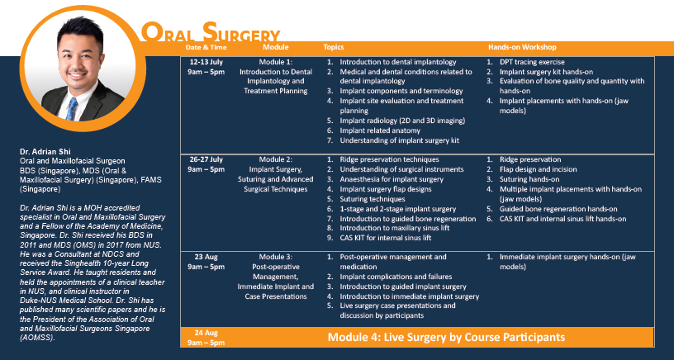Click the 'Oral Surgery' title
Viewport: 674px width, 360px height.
[211, 33]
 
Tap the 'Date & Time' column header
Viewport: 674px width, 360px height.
[206, 47]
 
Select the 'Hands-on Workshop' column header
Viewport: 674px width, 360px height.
[522, 47]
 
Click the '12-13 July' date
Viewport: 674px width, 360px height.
[206, 62]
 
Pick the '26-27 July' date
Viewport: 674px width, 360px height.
[206, 159]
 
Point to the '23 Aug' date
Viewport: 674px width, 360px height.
[206, 257]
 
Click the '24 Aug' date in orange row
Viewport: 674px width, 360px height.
[206, 333]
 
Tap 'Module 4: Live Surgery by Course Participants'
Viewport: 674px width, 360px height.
[446, 337]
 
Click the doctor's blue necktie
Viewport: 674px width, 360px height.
[72, 109]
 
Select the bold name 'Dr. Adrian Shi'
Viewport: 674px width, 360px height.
[45, 152]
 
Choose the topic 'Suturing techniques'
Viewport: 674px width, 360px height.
[373, 199]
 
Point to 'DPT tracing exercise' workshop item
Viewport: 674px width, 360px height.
[532, 62]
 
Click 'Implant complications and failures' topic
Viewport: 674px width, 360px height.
[396, 277]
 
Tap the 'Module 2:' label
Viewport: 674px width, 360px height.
[276, 159]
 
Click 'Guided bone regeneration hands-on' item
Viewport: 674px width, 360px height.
[558, 209]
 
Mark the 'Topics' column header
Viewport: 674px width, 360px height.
[334, 47]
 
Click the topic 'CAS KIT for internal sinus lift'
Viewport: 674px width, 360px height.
[385, 238]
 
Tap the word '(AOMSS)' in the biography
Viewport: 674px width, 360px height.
[38, 338]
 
